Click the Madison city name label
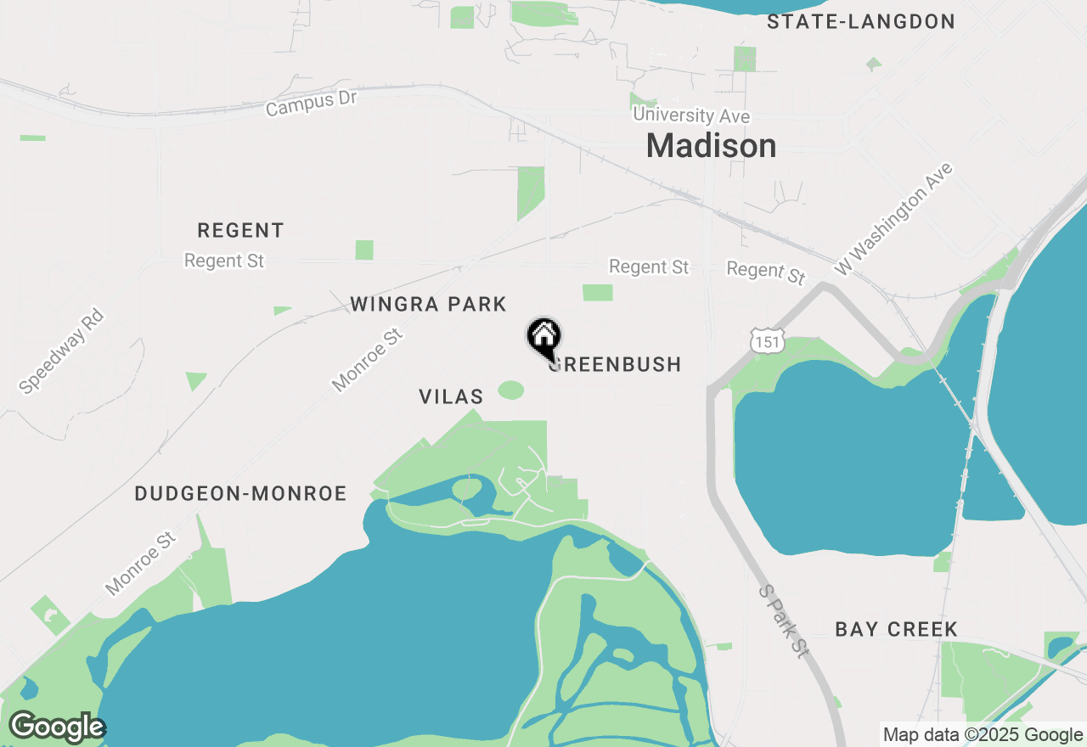click(x=711, y=146)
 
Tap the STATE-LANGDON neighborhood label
click(x=861, y=22)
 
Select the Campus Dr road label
click(x=311, y=104)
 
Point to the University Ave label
click(x=691, y=115)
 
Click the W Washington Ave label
click(x=893, y=219)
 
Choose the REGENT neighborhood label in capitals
click(x=240, y=230)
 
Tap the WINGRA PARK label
click(x=428, y=304)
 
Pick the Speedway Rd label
click(x=61, y=351)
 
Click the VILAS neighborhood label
click(x=451, y=396)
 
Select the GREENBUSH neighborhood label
click(x=616, y=365)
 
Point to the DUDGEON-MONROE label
click(x=240, y=494)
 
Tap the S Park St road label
click(x=783, y=621)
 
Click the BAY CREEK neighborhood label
click(x=896, y=629)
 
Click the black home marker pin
click(x=543, y=337)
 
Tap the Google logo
click(x=57, y=727)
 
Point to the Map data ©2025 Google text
click(x=982, y=735)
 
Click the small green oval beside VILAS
click(x=510, y=390)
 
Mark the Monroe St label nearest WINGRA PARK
click(x=367, y=361)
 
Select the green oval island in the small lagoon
click(x=466, y=488)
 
